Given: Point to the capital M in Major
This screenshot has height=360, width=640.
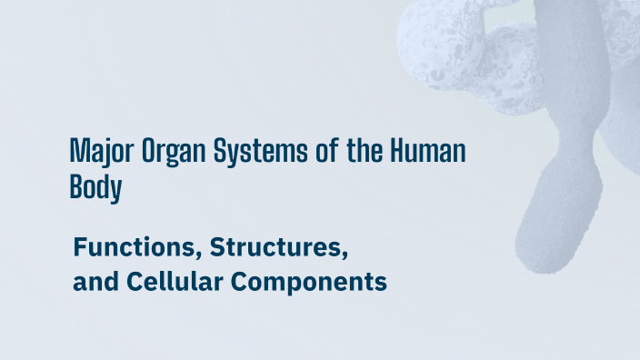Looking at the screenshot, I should coord(78,151).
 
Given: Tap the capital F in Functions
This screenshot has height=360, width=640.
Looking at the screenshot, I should coord(80,246).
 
